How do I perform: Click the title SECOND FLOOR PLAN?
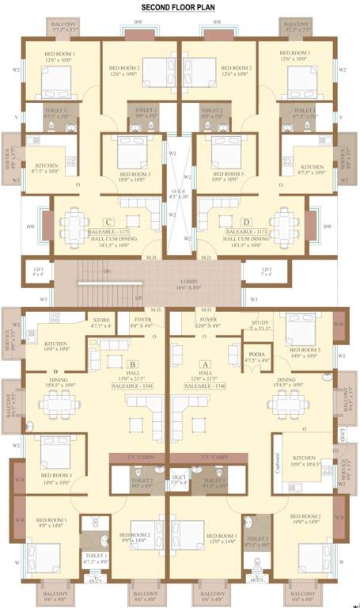[x=179, y=7]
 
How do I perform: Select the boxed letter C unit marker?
[x=108, y=221]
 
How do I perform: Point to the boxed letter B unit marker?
[x=132, y=364]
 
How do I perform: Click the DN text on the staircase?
[x=108, y=270]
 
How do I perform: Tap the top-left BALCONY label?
[x=65, y=26]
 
